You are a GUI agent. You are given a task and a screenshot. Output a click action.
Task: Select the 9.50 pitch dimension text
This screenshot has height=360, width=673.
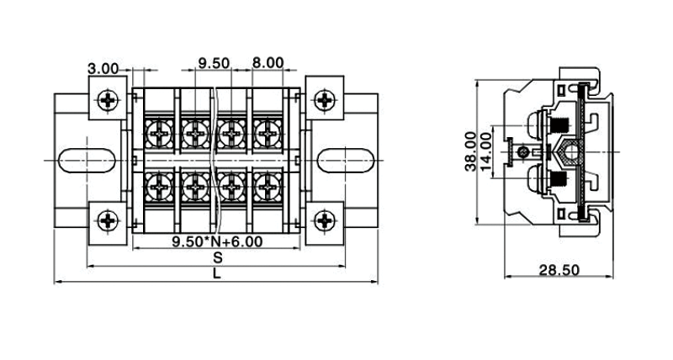click(215, 63)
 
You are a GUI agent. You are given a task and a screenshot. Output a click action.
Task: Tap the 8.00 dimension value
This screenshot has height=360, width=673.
click(268, 63)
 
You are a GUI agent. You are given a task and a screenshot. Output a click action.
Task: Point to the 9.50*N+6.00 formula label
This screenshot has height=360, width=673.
click(217, 242)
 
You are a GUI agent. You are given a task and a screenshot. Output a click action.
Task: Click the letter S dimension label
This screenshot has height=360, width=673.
click(217, 257)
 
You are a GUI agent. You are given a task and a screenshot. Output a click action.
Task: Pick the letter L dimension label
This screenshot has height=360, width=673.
click(217, 274)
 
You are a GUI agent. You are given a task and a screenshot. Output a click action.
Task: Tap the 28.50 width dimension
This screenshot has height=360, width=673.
click(559, 270)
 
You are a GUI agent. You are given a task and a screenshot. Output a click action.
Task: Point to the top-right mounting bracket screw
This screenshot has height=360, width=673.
click(325, 101)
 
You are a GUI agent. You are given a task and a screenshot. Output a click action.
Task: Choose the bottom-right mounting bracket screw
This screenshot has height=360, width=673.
click(325, 222)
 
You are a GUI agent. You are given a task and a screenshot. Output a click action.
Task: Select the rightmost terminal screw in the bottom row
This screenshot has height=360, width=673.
click(267, 184)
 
